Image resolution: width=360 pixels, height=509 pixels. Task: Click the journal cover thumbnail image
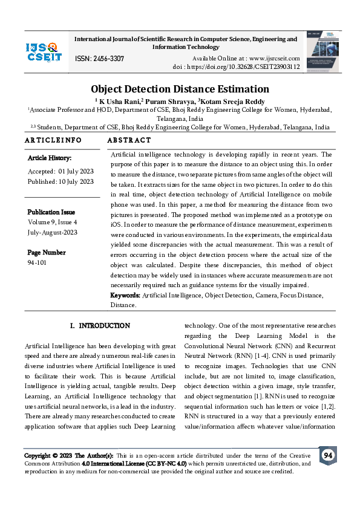(321, 51)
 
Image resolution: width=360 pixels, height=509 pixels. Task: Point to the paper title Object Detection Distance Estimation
(180, 89)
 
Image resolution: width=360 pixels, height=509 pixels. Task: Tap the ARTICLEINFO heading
(53, 140)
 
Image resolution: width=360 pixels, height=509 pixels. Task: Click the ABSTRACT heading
(129, 140)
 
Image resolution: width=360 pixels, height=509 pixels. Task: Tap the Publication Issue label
(51, 212)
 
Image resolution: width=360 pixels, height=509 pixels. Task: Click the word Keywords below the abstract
(125, 295)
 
